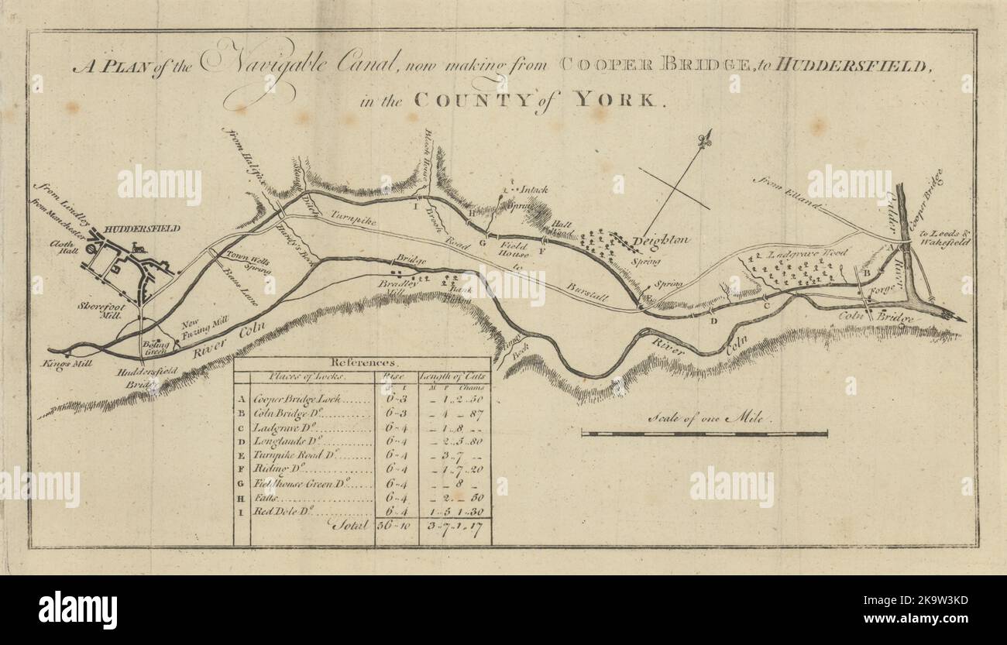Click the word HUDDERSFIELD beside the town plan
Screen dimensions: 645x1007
point(142,228)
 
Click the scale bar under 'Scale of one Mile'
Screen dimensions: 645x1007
point(704,434)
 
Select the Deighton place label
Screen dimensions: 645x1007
point(660,242)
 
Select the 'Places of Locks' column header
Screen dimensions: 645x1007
point(307,376)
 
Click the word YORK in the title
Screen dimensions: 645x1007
point(631,101)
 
